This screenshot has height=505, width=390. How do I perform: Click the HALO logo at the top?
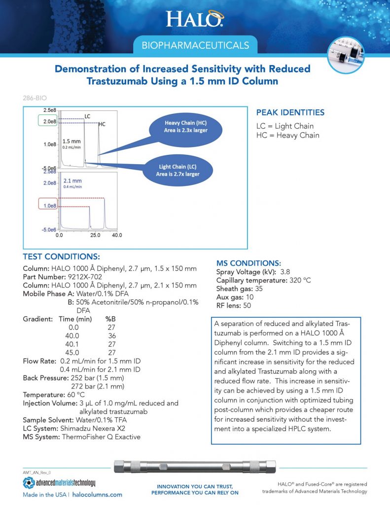(x=194, y=19)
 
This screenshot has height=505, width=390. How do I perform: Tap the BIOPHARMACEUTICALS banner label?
(x=195, y=46)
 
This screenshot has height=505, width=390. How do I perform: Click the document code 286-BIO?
(x=35, y=98)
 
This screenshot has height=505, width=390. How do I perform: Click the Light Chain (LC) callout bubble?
(x=179, y=170)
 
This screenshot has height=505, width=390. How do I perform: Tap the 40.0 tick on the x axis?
(x=116, y=236)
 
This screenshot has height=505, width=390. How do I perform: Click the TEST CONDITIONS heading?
(x=62, y=257)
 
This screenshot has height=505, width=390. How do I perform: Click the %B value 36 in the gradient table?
(x=112, y=336)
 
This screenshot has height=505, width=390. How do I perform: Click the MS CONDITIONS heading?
(x=249, y=263)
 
